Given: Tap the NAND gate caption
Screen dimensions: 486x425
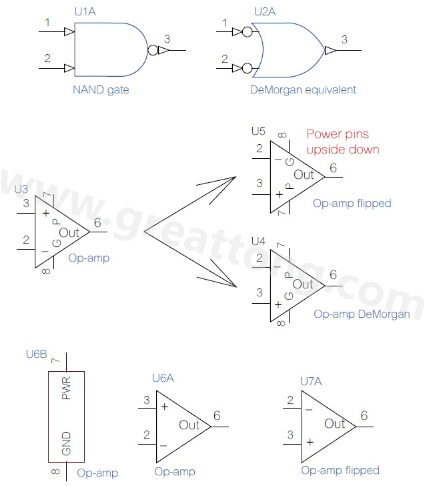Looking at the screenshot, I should (x=101, y=89).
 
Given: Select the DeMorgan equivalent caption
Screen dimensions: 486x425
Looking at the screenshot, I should (x=303, y=89).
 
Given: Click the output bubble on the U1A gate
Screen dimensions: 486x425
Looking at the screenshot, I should (x=152, y=50).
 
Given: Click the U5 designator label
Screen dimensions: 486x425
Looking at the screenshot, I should (x=258, y=130).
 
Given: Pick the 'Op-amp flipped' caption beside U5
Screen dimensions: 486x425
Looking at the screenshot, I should (x=352, y=203).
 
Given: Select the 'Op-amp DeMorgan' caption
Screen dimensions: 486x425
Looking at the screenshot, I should (x=362, y=314).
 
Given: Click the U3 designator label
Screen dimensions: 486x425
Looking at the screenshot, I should (x=21, y=189).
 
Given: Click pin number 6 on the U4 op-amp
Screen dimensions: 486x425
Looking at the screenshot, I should (x=333, y=274).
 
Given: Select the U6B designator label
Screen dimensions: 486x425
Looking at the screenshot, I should (x=36, y=354).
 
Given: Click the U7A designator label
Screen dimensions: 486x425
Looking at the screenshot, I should (x=311, y=381).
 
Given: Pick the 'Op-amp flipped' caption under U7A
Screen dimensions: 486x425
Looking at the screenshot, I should (x=340, y=470).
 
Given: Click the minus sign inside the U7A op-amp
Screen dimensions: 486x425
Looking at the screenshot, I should (x=309, y=409).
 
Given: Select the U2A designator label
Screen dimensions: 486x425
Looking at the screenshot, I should (x=264, y=12).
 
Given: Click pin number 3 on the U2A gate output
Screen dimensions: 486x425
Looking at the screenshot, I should (x=344, y=39).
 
